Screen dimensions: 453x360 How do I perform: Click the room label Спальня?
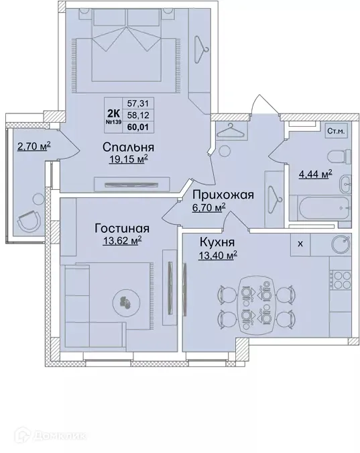[129, 147]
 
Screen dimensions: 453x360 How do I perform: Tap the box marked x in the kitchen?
[300, 244]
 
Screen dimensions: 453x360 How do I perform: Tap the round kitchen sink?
[339, 245]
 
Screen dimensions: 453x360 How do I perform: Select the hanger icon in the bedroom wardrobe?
[200, 45]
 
